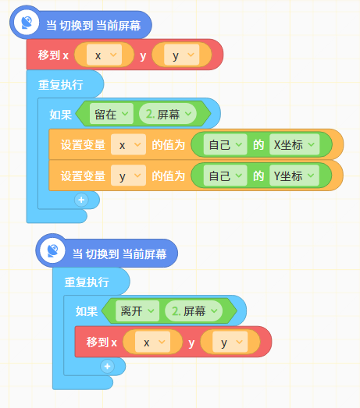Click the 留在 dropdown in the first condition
tap(112, 114)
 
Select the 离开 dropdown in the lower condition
tap(137, 311)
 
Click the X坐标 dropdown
tap(294, 144)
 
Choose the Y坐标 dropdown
tap(294, 176)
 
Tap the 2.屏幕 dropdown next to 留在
tap(168, 114)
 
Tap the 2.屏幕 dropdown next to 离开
tap(194, 311)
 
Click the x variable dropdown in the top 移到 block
tap(104, 55)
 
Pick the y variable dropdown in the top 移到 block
tap(182, 55)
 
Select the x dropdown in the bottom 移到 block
tap(152, 342)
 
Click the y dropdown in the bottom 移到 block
tap(230, 342)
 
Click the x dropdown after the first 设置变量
tap(128, 144)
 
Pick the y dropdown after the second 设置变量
tap(128, 176)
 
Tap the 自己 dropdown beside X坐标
tap(226, 144)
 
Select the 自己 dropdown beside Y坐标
tap(226, 176)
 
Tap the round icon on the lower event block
tap(52, 250)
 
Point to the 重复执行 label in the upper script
tap(61, 85)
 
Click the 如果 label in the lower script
tap(87, 311)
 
